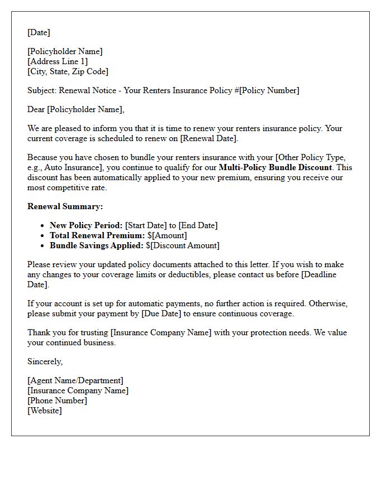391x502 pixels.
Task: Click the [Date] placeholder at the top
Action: [39, 32]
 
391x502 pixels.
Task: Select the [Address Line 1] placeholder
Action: [58, 61]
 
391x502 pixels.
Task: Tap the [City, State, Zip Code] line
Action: [68, 71]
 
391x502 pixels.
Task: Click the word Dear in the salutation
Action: [36, 109]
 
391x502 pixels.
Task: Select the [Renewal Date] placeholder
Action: [209, 138]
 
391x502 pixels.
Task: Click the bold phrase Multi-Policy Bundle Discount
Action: [275, 167]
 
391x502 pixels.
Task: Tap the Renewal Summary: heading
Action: [65, 206]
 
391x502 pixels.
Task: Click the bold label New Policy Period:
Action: [86, 225]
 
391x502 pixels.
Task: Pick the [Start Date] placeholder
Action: [146, 225]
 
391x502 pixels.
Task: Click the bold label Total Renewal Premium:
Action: [97, 235]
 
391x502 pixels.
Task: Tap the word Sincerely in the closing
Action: [45, 361]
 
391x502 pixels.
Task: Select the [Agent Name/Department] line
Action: [75, 380]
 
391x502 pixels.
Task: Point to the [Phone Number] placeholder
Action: [57, 400]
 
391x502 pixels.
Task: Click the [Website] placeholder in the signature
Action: [45, 411]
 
